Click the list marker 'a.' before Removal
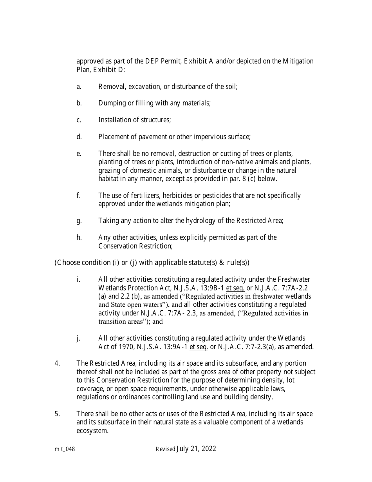(x=79, y=87)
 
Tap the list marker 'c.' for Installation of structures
(x=79, y=120)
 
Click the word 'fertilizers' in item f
(x=142, y=196)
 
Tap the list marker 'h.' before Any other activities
(x=79, y=237)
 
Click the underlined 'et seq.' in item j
(x=199, y=347)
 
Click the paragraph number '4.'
(x=57, y=363)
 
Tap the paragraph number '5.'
(x=57, y=414)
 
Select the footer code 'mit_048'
(x=65, y=449)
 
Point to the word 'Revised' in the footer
(x=165, y=449)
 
